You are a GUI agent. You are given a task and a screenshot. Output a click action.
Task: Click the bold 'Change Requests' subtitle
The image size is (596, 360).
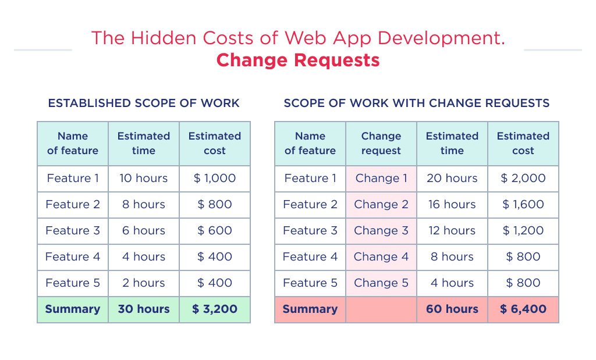coord(297,60)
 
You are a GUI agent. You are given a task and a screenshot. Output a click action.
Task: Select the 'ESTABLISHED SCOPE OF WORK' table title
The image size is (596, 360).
coord(144,103)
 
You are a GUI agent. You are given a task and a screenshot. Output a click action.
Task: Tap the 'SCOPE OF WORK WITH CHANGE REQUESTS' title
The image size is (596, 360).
coord(416,103)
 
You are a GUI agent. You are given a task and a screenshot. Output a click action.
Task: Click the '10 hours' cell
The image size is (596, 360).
coord(144,178)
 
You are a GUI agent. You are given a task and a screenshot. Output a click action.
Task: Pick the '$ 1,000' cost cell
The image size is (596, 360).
coord(215,178)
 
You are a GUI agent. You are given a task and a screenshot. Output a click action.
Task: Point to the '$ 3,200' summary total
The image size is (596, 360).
coord(215,309)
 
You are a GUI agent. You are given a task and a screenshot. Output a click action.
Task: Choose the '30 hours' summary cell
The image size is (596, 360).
coord(144,309)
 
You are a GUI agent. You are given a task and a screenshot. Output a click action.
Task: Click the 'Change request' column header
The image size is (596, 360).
coord(381,143)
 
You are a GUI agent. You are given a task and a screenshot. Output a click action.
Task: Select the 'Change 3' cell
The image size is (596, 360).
coord(381,230)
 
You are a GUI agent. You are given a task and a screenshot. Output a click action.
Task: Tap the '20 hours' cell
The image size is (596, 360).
coord(452,178)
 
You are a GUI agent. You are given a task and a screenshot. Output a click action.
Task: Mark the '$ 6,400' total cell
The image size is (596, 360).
coord(523,309)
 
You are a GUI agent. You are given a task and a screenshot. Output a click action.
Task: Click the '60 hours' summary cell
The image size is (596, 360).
coord(452,309)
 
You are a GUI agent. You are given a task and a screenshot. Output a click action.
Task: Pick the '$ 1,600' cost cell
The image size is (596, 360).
coord(523,204)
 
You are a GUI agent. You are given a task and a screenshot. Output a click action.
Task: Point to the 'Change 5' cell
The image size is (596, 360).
coord(381,283)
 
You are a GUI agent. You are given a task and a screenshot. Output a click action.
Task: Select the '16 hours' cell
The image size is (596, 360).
coord(452,204)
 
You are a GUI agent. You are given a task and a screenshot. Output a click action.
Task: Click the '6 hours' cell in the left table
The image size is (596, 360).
coord(144,230)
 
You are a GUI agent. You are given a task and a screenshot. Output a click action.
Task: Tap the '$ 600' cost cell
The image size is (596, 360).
coord(215,230)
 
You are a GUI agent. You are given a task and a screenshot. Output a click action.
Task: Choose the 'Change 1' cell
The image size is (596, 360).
coord(381,178)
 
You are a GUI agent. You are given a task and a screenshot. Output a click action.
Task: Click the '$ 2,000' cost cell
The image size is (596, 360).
coord(523,178)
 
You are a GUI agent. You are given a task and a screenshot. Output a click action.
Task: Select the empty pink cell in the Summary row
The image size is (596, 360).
coord(381,309)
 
